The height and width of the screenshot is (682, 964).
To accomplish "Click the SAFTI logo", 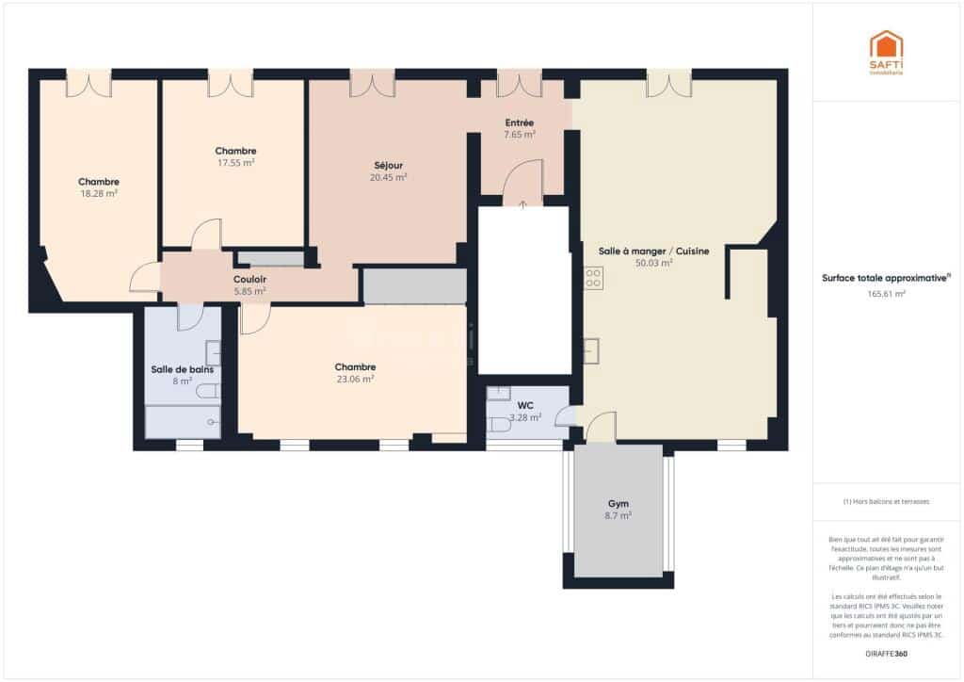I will pos(885,52).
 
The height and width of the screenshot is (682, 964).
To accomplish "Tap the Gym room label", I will pos(618,504).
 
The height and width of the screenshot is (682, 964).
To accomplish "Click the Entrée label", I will pos(520,122).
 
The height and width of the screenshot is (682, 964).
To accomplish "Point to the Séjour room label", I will pos(388,165).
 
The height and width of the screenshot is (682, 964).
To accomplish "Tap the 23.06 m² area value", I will pos(355,379).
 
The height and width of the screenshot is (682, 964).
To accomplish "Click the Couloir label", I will pos(249,280).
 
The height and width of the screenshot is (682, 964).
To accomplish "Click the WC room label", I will pos(525,406).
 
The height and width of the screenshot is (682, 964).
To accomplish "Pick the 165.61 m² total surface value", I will pos(886,294).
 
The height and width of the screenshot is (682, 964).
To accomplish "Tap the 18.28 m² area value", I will pos(99,193).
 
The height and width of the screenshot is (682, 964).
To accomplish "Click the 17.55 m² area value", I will pos(235,162).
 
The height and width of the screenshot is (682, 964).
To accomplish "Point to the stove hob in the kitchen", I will pos(594,278).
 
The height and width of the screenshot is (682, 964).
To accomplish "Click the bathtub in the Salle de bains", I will pos(183,423).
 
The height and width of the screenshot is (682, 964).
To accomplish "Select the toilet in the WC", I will pos(500,425).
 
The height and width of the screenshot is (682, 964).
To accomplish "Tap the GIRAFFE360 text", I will pos(886,653).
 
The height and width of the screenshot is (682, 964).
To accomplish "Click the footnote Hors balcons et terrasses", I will pos(886,502).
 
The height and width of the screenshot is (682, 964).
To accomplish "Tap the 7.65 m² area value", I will pos(520,135).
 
